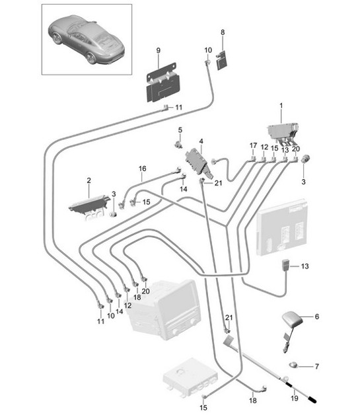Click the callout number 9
click(158, 51)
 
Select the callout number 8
click(223, 32)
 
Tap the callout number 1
click(280, 105)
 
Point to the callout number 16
click(142, 169)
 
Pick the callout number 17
click(253, 145)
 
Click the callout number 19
click(295, 398)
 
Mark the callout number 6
click(316, 317)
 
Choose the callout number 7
click(316, 366)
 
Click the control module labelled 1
click(284, 132)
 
